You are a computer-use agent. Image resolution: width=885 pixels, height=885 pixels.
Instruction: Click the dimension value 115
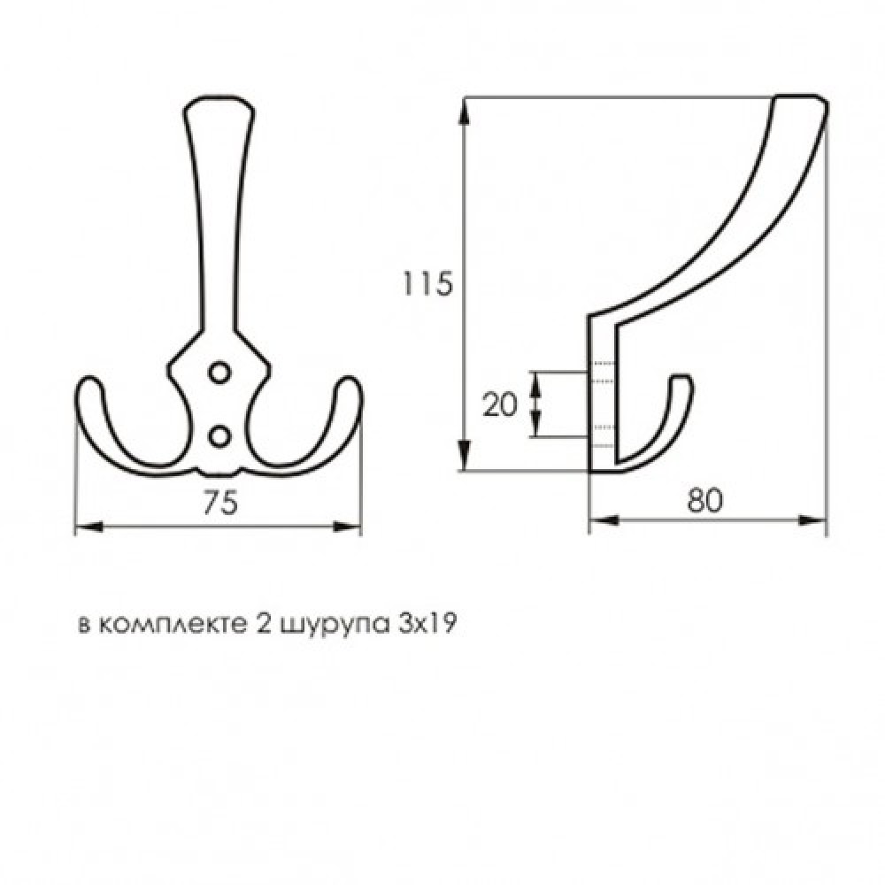428,283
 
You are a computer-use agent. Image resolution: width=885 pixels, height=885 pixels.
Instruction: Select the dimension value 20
502,404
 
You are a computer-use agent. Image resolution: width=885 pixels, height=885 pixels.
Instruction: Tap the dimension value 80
705,501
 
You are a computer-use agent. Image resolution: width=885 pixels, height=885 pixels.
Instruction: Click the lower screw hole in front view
218,435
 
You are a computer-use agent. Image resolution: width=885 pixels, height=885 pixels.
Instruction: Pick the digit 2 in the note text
262,624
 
